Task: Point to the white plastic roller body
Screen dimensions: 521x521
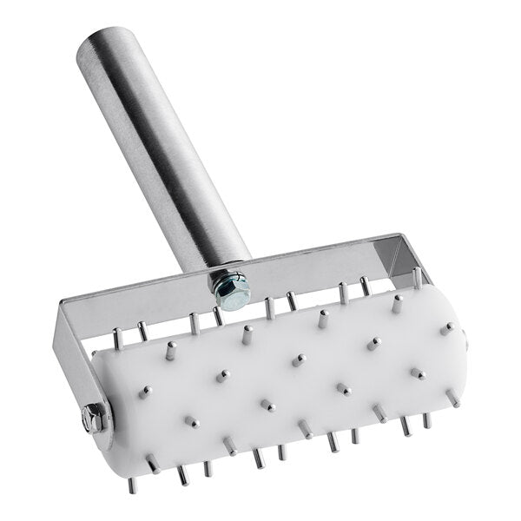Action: (x=287, y=373)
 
